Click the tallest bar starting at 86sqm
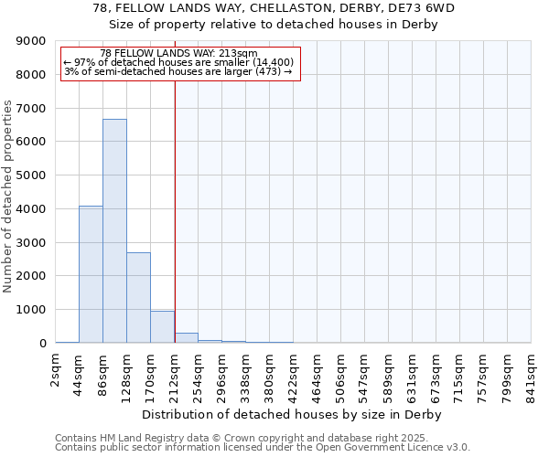click(114, 230)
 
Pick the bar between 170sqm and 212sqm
click(162, 326)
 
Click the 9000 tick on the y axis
click(32, 41)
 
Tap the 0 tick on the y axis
click(42, 343)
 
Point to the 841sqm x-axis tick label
click(532, 376)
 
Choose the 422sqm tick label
click(294, 376)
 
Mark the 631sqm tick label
click(413, 376)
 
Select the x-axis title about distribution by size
click(293, 414)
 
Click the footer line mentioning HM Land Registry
click(262, 438)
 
